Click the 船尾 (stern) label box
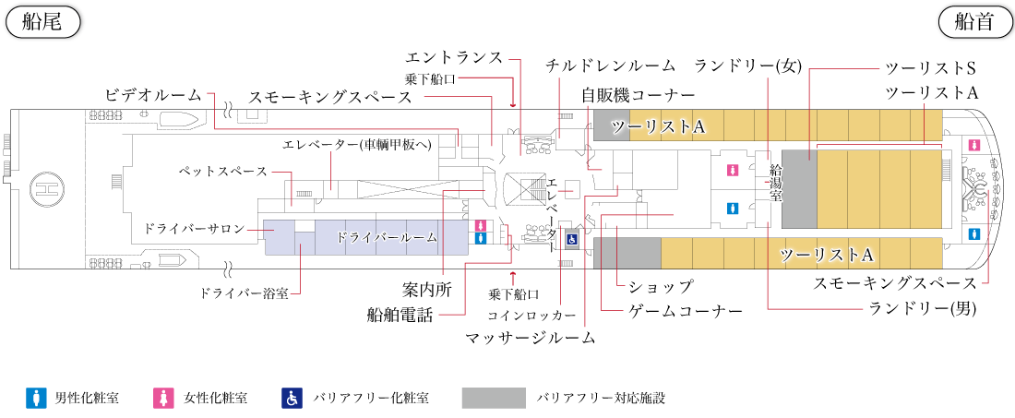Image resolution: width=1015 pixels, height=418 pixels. click(x=42, y=23)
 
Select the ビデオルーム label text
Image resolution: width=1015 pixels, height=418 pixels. click(x=154, y=96)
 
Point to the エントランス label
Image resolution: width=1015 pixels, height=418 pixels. click(x=454, y=57)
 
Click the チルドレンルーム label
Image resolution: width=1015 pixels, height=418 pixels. click(x=611, y=66)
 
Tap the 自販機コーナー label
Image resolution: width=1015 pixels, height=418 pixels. click(x=638, y=95)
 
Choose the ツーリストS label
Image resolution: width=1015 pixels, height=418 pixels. click(x=931, y=68)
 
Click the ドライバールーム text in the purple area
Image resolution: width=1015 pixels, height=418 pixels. click(x=387, y=237)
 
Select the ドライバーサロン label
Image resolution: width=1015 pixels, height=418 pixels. click(x=194, y=229)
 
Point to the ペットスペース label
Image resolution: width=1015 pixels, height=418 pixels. click(x=222, y=173)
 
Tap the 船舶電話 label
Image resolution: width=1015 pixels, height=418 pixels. click(x=399, y=317)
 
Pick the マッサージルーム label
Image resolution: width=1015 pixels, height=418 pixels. click(x=531, y=337)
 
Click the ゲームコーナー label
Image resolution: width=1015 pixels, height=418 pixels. click(x=685, y=311)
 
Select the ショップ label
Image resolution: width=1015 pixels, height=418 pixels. click(x=656, y=286)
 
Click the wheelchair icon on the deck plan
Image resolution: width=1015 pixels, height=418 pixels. click(x=572, y=239)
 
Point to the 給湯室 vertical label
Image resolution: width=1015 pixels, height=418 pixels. click(x=776, y=183)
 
